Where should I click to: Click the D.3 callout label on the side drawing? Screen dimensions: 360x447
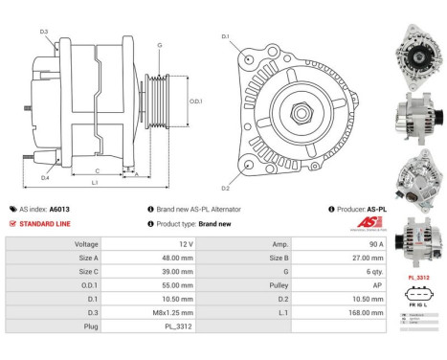pos(44,32)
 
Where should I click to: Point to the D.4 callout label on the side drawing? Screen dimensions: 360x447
pos(45,178)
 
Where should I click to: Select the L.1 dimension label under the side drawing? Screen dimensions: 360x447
pos(94,182)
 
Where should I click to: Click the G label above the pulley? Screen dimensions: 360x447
pos(160,45)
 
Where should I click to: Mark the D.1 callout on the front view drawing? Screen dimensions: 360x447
pos(225,37)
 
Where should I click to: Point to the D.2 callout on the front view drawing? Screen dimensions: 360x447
pos(225,188)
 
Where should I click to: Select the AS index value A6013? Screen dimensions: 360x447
pos(59,208)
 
